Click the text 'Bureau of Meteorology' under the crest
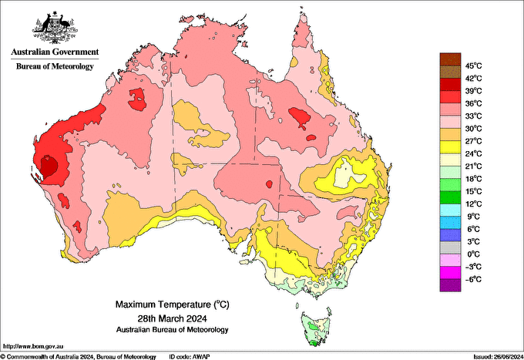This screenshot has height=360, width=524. [x=54, y=67]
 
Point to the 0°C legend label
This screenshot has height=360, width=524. [x=472, y=254]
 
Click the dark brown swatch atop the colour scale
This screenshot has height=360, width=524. [x=449, y=59]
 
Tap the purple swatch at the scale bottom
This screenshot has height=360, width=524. [x=449, y=285]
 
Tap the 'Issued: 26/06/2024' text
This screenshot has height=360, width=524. [x=493, y=356]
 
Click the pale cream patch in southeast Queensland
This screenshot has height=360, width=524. [x=351, y=173]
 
